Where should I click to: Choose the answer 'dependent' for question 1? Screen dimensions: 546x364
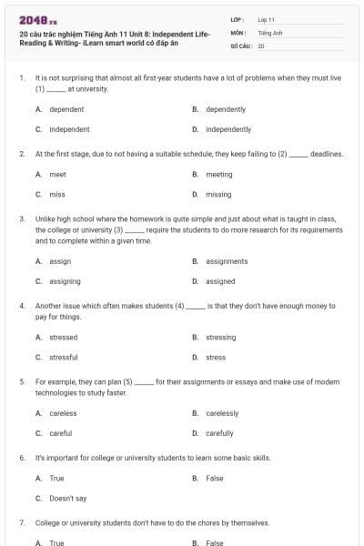pos(66,109)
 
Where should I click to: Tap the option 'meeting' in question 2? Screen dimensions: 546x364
pos(218,174)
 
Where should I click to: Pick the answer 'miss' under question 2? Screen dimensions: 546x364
pos(57,194)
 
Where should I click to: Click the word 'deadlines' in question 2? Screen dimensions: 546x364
pos(327,154)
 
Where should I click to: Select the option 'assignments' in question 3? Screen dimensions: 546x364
pos(227,261)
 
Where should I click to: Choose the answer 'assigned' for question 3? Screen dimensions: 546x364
pos(220,281)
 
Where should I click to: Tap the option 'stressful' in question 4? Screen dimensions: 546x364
pos(63,357)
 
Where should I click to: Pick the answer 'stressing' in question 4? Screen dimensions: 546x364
pos(220,337)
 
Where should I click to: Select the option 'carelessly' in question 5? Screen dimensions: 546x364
pos(222,413)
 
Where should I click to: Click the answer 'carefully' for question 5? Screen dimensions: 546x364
pos(219,433)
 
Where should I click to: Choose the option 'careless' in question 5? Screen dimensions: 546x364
pos(63,413)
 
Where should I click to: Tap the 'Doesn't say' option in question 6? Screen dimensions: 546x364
pos(67,499)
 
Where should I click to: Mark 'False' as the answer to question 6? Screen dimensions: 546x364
pos(215,478)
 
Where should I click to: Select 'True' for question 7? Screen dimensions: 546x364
pos(56,543)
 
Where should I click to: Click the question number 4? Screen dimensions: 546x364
pos(22,307)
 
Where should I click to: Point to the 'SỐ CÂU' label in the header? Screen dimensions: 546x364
pos(241,45)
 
